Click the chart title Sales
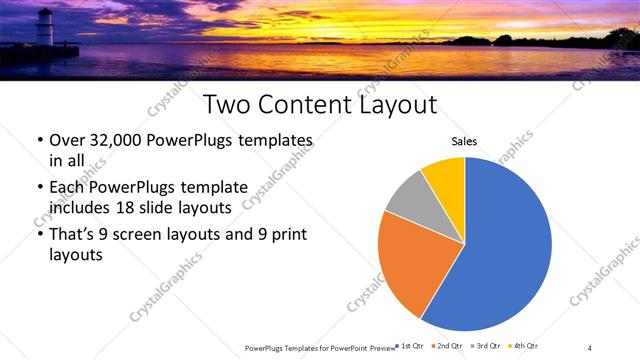point(465,142)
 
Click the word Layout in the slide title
point(392,105)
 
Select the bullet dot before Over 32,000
point(39,141)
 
